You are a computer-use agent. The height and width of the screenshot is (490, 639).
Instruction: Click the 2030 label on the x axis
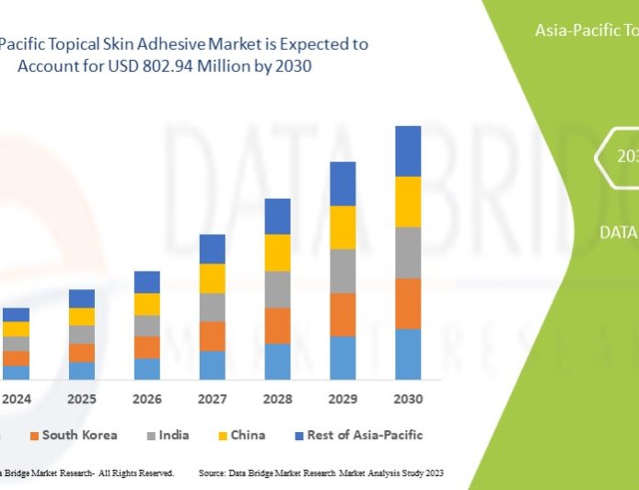click(408, 400)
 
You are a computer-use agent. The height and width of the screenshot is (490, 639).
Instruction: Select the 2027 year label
click(212, 400)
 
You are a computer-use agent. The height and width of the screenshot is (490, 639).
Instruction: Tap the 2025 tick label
click(81, 400)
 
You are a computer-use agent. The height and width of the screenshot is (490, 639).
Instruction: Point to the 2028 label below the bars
click(277, 400)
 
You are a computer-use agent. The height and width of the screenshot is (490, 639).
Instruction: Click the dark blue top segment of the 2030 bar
click(408, 151)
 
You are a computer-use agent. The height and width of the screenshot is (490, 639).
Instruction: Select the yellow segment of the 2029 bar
click(343, 227)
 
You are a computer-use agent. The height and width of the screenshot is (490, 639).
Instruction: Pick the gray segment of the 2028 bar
click(277, 289)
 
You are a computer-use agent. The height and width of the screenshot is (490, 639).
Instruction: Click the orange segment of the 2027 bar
click(212, 335)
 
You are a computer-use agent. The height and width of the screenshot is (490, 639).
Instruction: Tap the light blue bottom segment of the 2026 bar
click(146, 368)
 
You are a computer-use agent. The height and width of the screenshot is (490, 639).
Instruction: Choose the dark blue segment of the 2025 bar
click(81, 298)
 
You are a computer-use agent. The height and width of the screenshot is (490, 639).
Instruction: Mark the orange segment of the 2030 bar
click(408, 303)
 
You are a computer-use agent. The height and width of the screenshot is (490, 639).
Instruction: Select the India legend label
click(174, 435)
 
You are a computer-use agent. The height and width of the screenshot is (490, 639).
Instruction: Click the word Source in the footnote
click(214, 472)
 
